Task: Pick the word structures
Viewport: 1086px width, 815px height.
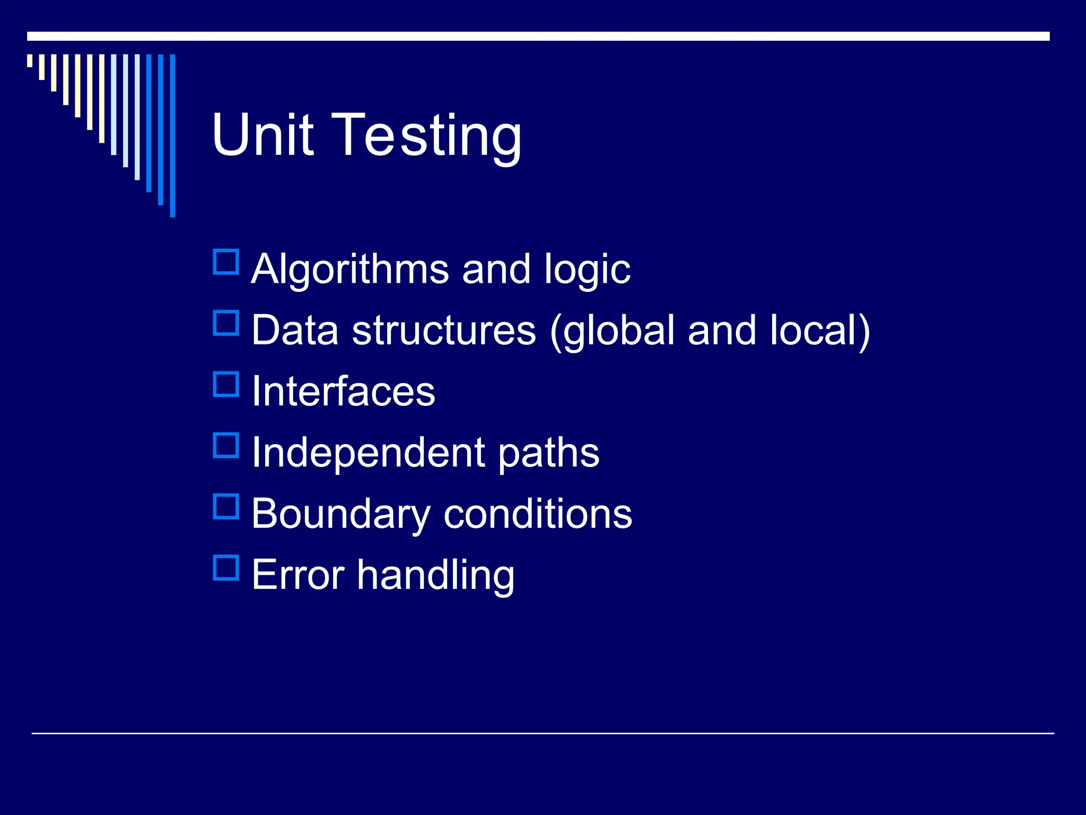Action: (x=444, y=330)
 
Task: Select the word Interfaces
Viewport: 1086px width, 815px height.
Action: (x=343, y=391)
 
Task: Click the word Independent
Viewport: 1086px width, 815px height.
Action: (x=369, y=453)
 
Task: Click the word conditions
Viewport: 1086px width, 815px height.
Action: (x=538, y=514)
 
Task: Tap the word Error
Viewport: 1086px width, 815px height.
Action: (x=298, y=575)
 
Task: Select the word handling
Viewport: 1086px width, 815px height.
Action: (x=435, y=576)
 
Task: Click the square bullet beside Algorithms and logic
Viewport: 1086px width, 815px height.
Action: (x=226, y=262)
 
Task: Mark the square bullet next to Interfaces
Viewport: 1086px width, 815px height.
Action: (x=226, y=385)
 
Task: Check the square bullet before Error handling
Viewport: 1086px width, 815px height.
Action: (x=226, y=568)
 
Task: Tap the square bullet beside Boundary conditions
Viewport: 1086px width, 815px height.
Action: (x=226, y=507)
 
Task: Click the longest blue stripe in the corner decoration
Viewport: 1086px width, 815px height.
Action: (x=172, y=135)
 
